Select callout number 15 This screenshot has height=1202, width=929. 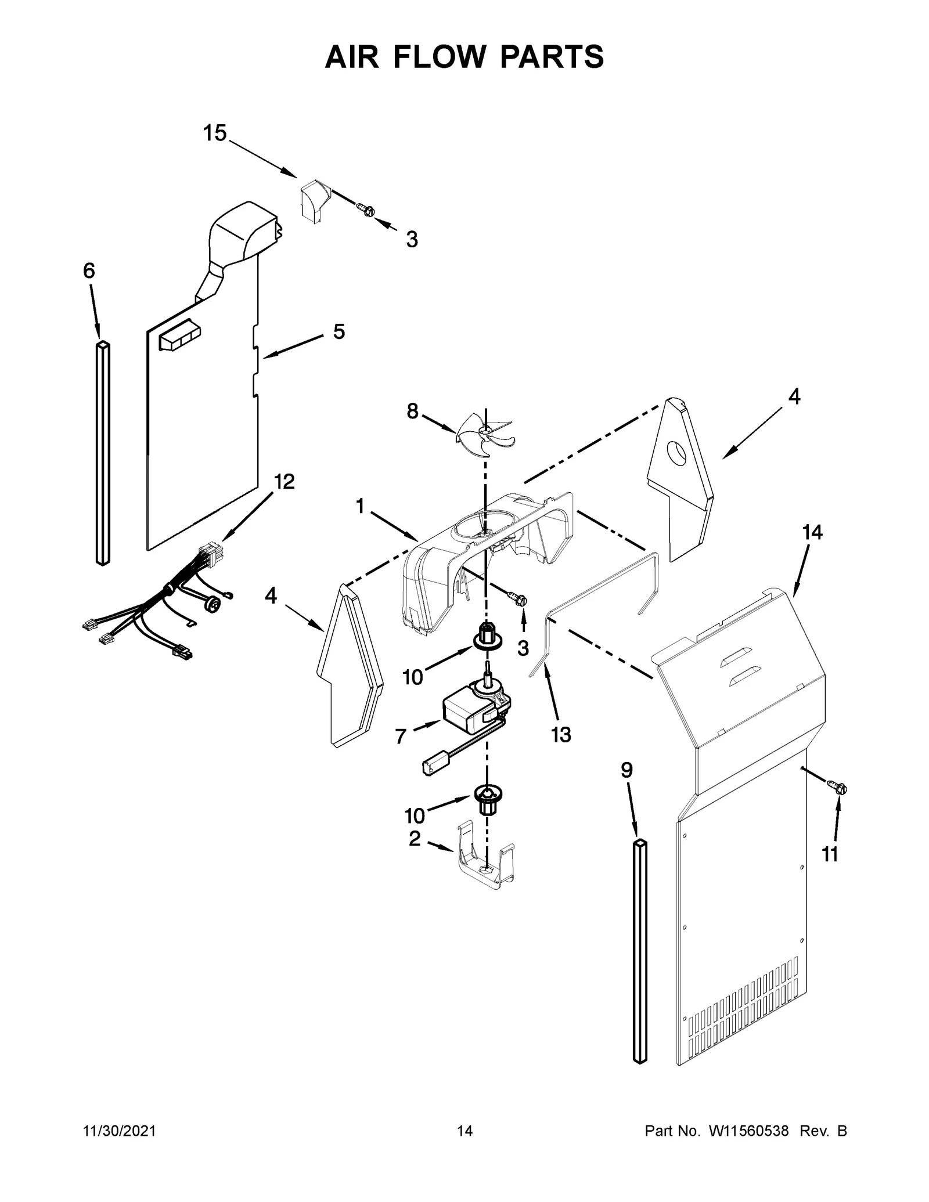point(214,133)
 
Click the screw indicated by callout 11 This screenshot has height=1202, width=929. point(840,788)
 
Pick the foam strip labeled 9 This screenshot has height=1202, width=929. point(639,952)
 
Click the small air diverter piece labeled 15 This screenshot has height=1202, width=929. point(314,200)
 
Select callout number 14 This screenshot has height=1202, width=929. point(812,532)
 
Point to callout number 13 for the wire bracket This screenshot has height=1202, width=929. point(561,734)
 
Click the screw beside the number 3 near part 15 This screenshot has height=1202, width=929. point(365,209)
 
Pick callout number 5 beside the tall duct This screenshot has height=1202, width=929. point(339,332)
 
